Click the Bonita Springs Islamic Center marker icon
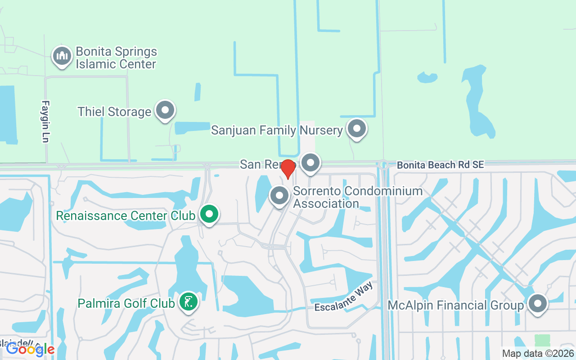click(62, 56)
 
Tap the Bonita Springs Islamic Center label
click(116, 58)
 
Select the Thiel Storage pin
click(165, 110)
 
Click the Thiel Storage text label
click(114, 112)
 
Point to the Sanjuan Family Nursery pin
click(357, 128)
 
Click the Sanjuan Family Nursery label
click(277, 130)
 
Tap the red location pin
click(288, 169)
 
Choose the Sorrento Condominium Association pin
click(279, 196)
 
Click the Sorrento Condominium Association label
click(358, 197)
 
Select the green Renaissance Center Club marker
click(209, 215)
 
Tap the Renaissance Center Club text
click(126, 216)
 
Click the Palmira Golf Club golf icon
click(189, 301)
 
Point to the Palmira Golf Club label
click(126, 303)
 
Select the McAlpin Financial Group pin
click(537, 304)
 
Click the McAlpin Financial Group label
click(456, 306)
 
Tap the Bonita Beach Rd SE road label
click(440, 165)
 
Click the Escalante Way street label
click(344, 299)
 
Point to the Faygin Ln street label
click(45, 121)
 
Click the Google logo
click(30, 349)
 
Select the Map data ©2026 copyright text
click(538, 353)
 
